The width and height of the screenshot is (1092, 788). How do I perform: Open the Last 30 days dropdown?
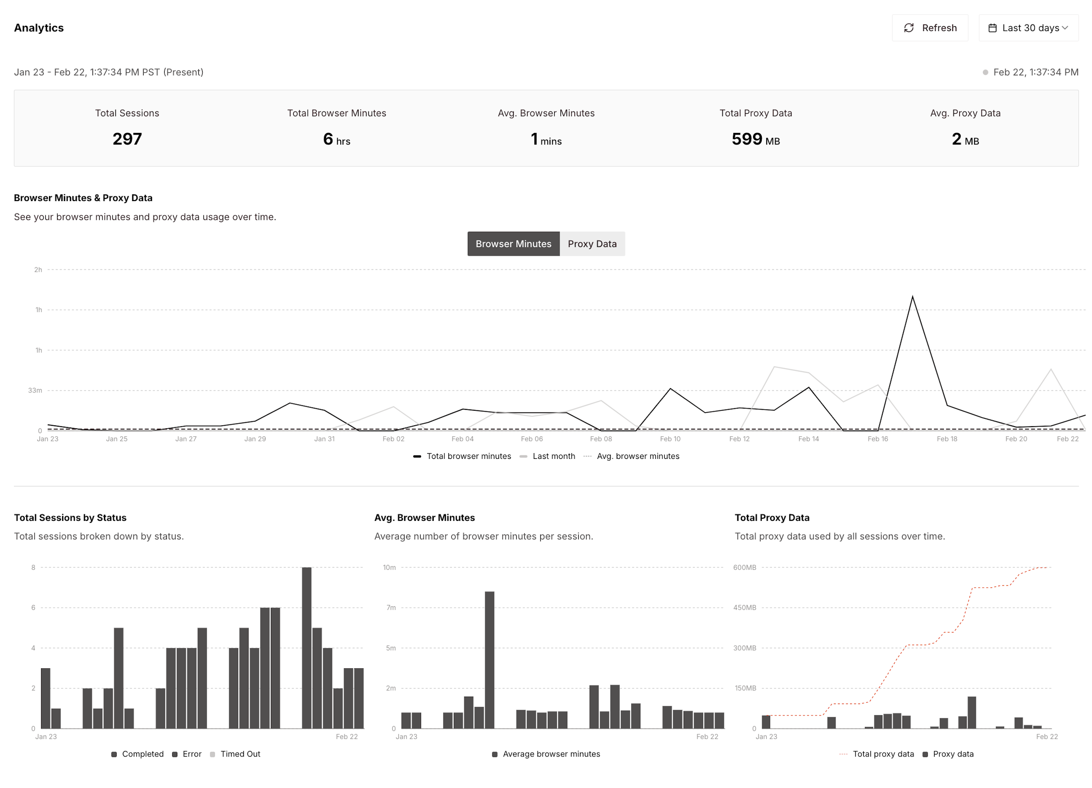pyautogui.click(x=1028, y=28)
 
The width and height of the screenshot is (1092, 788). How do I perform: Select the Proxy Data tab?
pyautogui.click(x=592, y=244)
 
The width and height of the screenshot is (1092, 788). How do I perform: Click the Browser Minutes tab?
pyautogui.click(x=513, y=244)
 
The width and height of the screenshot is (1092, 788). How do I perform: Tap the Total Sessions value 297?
pyautogui.click(x=127, y=139)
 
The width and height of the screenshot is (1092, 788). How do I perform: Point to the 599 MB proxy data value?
pyautogui.click(x=755, y=139)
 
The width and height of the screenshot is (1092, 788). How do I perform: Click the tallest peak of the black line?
pyautogui.click(x=912, y=297)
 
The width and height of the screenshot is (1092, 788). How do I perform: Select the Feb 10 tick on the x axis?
pyautogui.click(x=670, y=439)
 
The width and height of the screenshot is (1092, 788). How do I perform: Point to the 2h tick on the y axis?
pyautogui.click(x=38, y=270)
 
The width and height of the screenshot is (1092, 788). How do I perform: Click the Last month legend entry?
pyautogui.click(x=553, y=456)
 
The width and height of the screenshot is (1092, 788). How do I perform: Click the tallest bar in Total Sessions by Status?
pyautogui.click(x=307, y=647)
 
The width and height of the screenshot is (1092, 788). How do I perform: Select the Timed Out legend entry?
pyautogui.click(x=240, y=754)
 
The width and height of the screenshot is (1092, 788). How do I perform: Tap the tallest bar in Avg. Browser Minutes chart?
pyautogui.click(x=489, y=660)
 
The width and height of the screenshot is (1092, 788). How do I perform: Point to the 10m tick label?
pyautogui.click(x=389, y=567)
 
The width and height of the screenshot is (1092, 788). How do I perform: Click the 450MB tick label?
pyautogui.click(x=744, y=608)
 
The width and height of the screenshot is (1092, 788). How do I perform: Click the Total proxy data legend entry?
pyautogui.click(x=883, y=754)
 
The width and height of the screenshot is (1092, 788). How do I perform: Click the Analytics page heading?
pyautogui.click(x=39, y=28)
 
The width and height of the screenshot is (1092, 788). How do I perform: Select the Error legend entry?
pyautogui.click(x=192, y=754)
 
